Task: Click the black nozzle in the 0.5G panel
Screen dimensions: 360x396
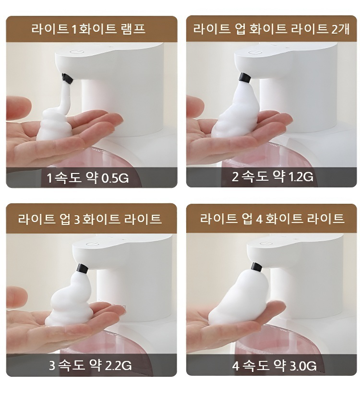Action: point(67,78)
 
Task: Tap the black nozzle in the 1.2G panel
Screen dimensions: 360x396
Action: point(245,77)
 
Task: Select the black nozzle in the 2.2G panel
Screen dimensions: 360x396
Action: point(82,269)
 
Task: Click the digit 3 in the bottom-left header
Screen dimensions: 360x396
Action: point(77,219)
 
